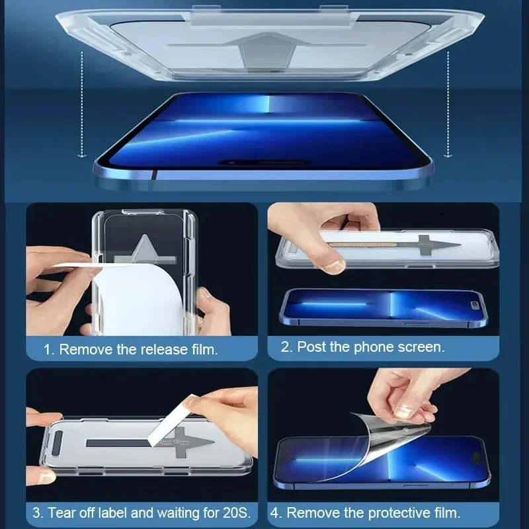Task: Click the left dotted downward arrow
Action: click(x=81, y=106)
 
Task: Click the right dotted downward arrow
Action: click(x=448, y=106)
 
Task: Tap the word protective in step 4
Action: click(x=384, y=512)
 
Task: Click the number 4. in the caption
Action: click(x=275, y=512)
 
